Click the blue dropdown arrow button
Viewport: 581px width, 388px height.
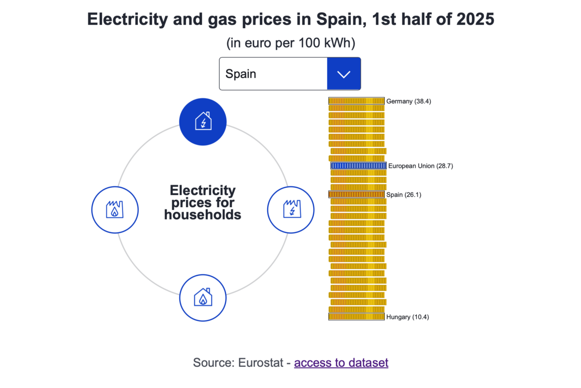point(344,74)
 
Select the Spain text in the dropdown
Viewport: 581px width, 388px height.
point(241,74)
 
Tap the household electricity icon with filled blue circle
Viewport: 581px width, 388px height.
point(203,121)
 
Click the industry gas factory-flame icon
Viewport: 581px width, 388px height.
point(115,210)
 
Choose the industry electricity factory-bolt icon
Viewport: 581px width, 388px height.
point(291,210)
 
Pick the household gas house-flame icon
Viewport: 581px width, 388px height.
point(203,297)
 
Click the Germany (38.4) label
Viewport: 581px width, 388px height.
point(408,101)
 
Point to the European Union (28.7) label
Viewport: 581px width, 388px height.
point(420,166)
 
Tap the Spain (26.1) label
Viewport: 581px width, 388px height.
point(404,194)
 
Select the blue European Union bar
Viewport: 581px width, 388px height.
point(358,166)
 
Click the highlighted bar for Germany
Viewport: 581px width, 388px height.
point(356,101)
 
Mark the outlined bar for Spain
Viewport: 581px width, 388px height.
point(356,194)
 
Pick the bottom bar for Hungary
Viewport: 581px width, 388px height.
point(356,317)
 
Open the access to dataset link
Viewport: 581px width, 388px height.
point(341,363)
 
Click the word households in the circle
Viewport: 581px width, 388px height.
point(202,214)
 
